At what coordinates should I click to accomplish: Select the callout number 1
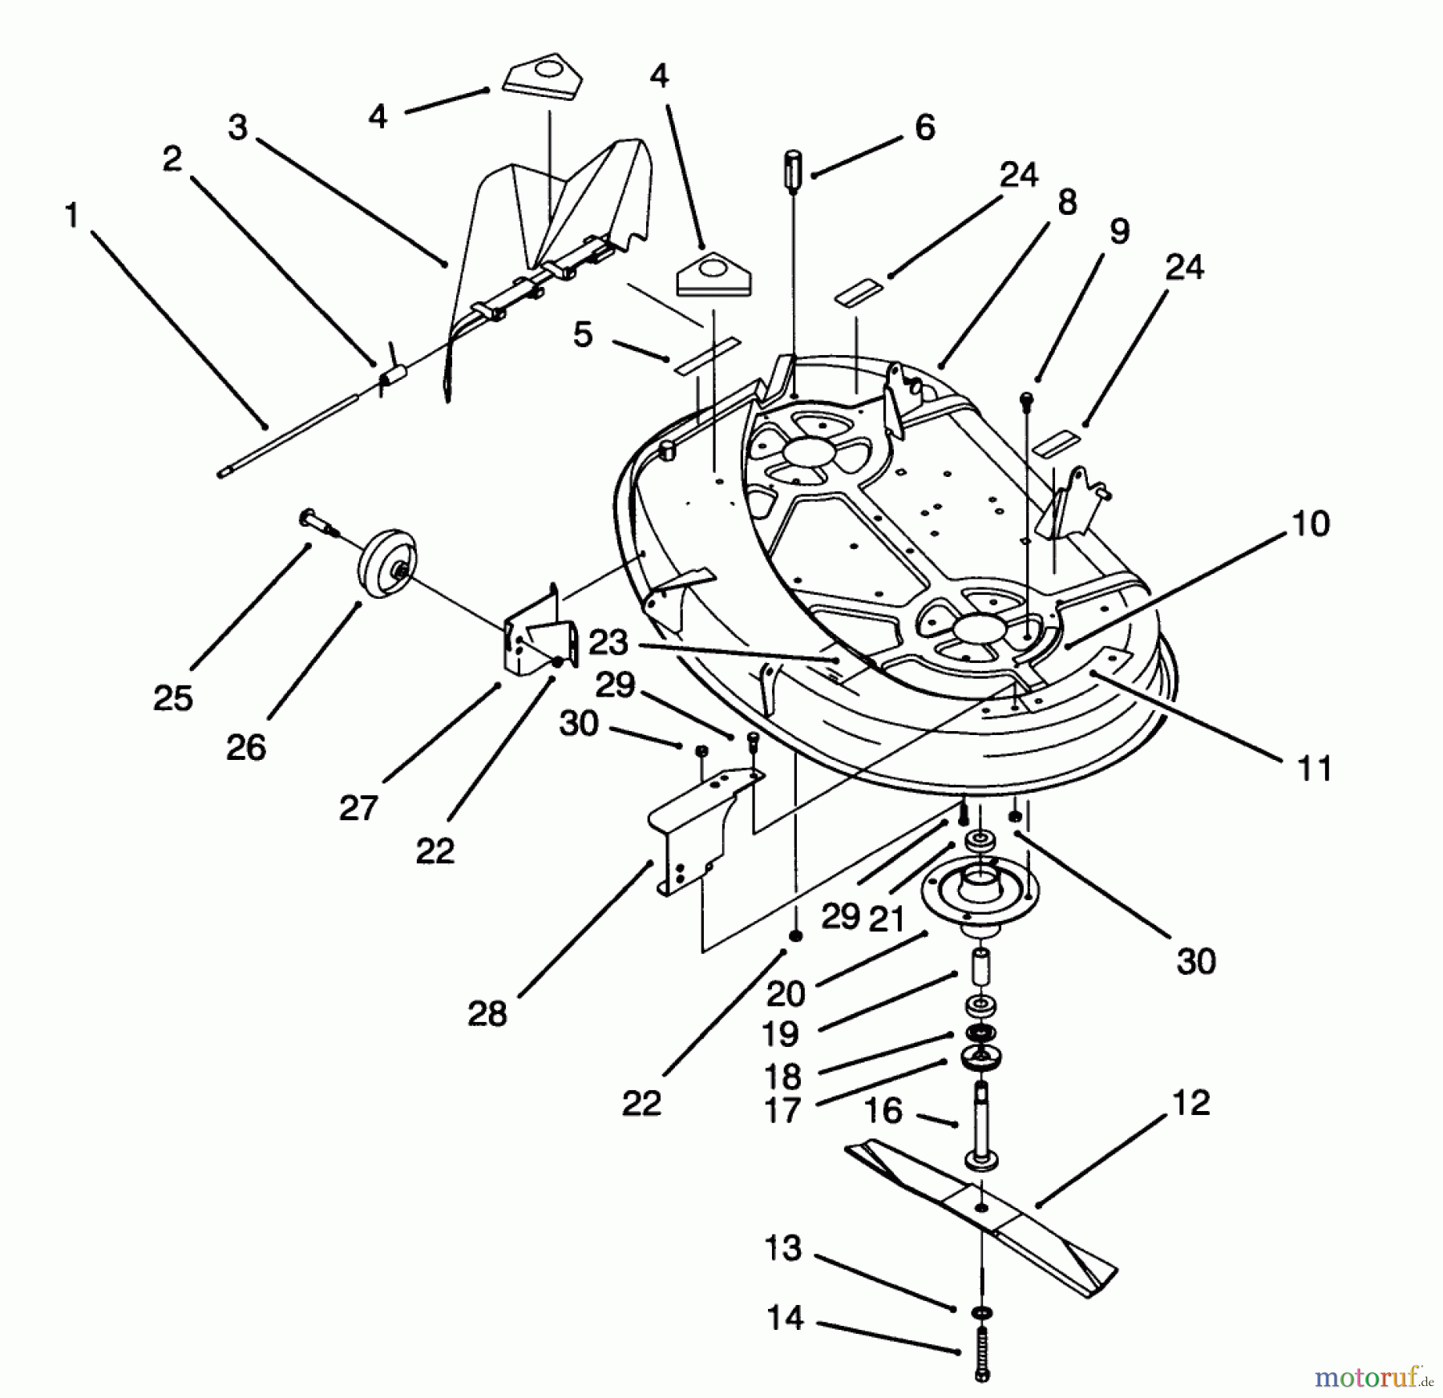pyautogui.click(x=72, y=215)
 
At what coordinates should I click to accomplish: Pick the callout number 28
pyautogui.click(x=487, y=1014)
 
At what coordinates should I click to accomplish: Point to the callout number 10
pyautogui.click(x=1311, y=523)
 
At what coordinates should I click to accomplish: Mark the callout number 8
pyautogui.click(x=1067, y=202)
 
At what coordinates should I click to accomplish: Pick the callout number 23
pyautogui.click(x=608, y=643)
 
